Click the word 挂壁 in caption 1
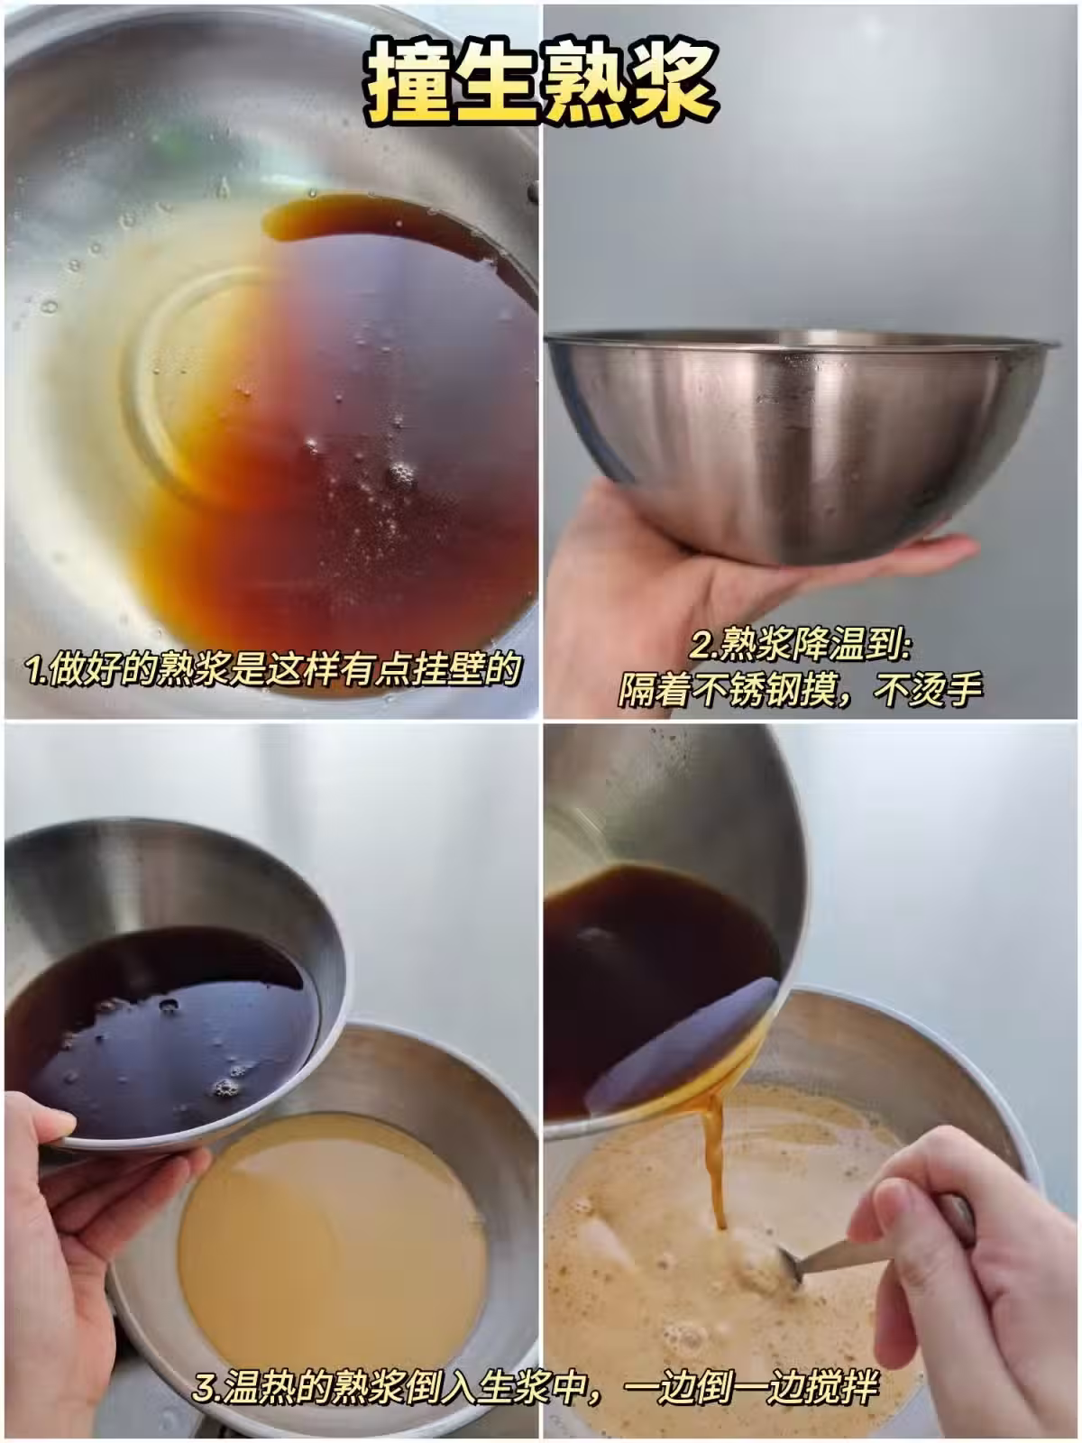click(x=446, y=668)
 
